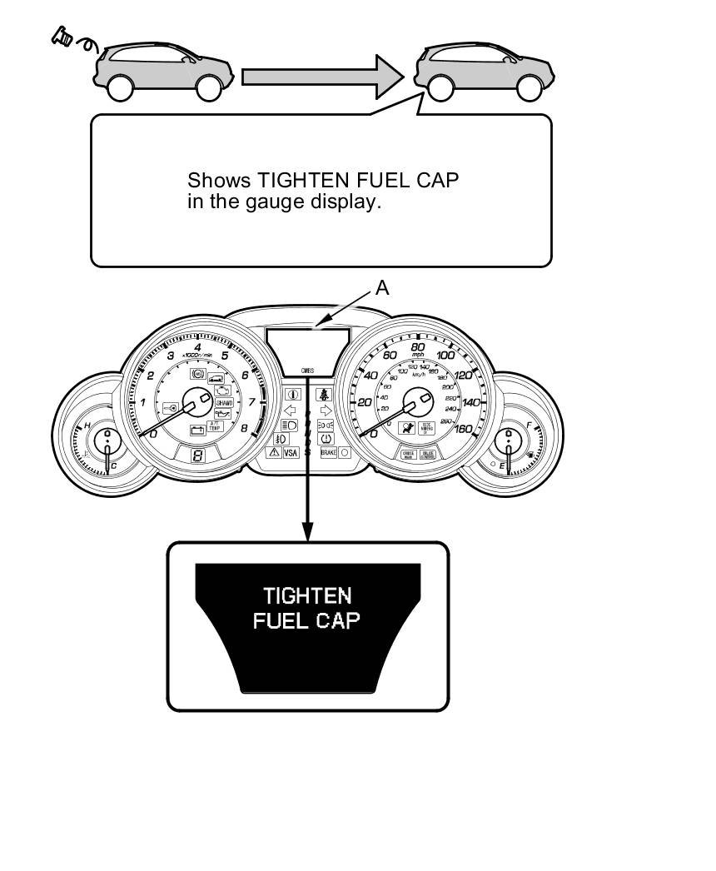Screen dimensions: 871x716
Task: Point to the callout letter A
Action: coord(382,288)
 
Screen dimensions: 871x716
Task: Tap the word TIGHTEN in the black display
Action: coord(307,596)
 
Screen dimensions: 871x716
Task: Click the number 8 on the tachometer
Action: coord(244,429)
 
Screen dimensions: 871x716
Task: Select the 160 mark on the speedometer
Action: coord(462,430)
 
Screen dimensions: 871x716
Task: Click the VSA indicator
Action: coord(291,453)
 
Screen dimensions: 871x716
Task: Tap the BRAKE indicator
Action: coord(328,453)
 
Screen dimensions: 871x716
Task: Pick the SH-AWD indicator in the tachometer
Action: coord(224,402)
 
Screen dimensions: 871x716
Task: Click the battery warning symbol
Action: coord(198,431)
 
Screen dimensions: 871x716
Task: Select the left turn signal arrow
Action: coord(291,411)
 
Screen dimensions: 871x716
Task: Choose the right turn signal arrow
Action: coord(326,411)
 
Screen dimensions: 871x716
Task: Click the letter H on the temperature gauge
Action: coord(87,426)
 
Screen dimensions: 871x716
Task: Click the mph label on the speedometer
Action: coord(418,356)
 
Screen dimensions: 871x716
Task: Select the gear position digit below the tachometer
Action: coord(198,455)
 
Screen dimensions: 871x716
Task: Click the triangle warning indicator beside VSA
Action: coord(272,453)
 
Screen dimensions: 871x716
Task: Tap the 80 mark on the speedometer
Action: coord(419,346)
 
